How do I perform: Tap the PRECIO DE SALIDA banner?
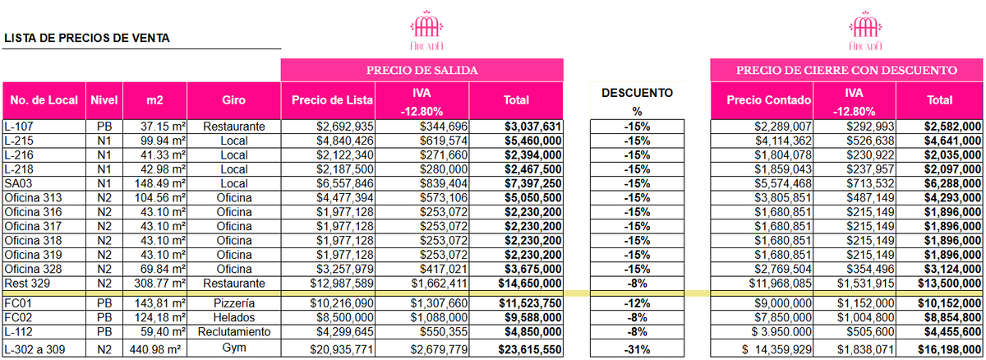click(x=422, y=70)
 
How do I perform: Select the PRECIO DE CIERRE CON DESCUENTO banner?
click(x=846, y=70)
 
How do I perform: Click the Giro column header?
click(x=234, y=101)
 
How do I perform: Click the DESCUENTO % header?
click(x=637, y=101)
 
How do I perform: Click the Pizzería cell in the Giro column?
click(x=234, y=302)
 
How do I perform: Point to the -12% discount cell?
click(x=637, y=302)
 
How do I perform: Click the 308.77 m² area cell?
click(x=156, y=283)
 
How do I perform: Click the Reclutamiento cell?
click(x=234, y=332)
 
